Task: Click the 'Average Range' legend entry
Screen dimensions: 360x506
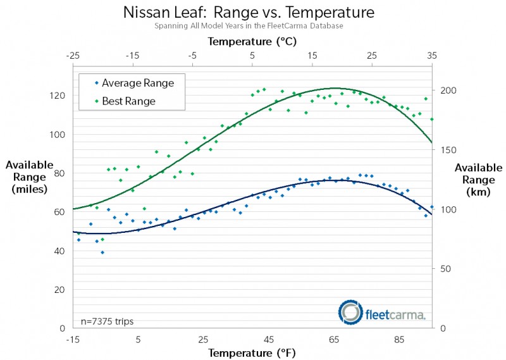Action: [x=137, y=82]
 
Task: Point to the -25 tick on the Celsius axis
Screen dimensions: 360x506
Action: [x=73, y=56]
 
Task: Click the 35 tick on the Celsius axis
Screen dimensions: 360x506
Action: [x=432, y=56]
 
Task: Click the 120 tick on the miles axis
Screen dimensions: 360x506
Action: [x=58, y=96]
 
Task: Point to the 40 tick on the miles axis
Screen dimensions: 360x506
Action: [x=60, y=251]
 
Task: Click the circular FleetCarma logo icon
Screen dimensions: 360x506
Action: [x=350, y=311]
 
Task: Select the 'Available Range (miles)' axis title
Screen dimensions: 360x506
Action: [x=29, y=177]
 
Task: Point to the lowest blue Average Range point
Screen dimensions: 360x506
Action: [x=102, y=252]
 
